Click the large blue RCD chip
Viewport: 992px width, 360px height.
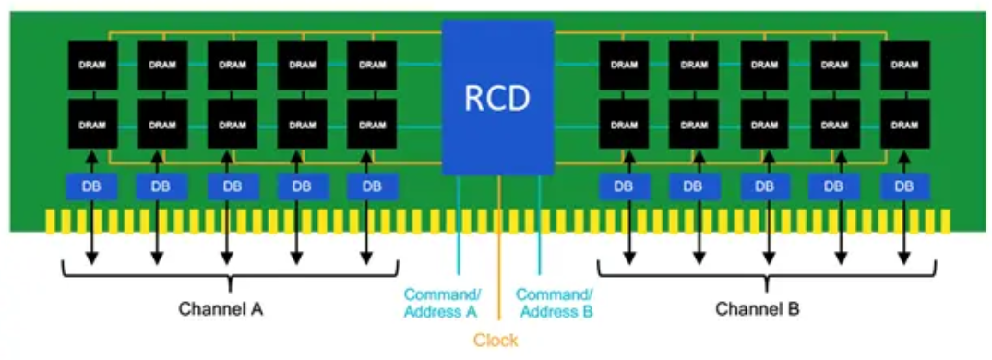coord(497,98)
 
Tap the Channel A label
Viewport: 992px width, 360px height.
coord(221,309)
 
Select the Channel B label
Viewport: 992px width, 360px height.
coord(758,309)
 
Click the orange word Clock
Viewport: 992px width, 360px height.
coord(496,341)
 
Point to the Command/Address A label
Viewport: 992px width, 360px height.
coord(442,303)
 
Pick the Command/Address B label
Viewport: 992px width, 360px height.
coord(555,303)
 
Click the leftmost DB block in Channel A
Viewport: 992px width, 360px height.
coord(91,187)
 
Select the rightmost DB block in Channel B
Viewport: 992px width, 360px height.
coord(904,187)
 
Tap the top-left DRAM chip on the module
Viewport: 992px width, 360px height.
coord(92,66)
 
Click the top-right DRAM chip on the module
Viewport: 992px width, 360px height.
coord(904,66)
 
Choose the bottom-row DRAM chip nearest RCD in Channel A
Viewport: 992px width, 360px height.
coord(372,124)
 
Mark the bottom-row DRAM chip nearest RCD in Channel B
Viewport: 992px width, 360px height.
coord(624,124)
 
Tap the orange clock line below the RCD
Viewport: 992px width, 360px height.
coord(499,247)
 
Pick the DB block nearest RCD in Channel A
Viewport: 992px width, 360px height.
coord(373,187)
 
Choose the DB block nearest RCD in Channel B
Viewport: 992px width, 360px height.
coord(623,187)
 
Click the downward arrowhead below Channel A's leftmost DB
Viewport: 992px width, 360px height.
coord(91,258)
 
